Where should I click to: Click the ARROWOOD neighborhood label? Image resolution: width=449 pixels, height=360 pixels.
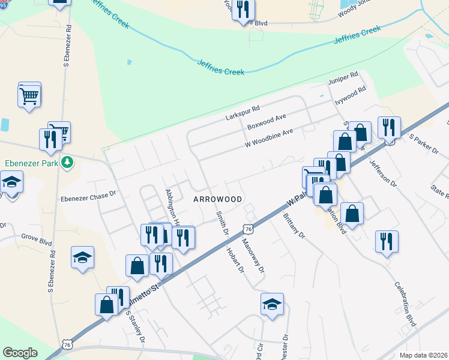217,199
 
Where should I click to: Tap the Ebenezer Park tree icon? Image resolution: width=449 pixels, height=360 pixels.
69,162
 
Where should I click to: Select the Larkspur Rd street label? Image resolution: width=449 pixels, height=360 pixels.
242,112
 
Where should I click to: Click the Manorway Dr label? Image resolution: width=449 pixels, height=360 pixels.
253,254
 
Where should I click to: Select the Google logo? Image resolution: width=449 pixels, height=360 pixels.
20,353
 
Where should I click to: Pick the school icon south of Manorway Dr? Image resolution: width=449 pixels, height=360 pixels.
272,304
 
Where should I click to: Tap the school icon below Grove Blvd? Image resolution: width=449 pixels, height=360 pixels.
82,257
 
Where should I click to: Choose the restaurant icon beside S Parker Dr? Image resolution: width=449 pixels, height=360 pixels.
388,128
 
